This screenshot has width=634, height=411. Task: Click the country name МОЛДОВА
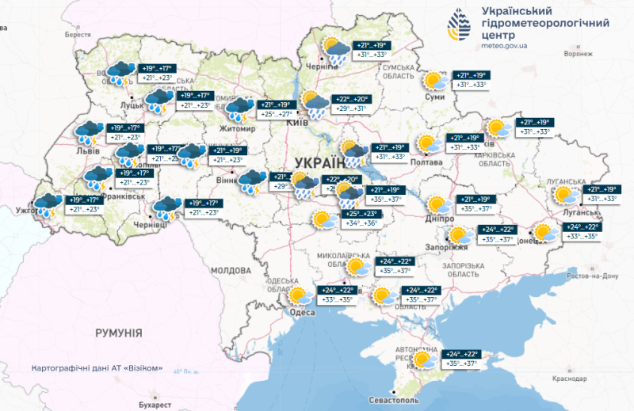(231, 270)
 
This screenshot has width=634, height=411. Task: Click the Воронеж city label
(579, 55)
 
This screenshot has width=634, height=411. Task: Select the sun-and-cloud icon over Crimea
(423, 360)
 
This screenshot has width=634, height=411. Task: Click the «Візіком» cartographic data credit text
(97, 368)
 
